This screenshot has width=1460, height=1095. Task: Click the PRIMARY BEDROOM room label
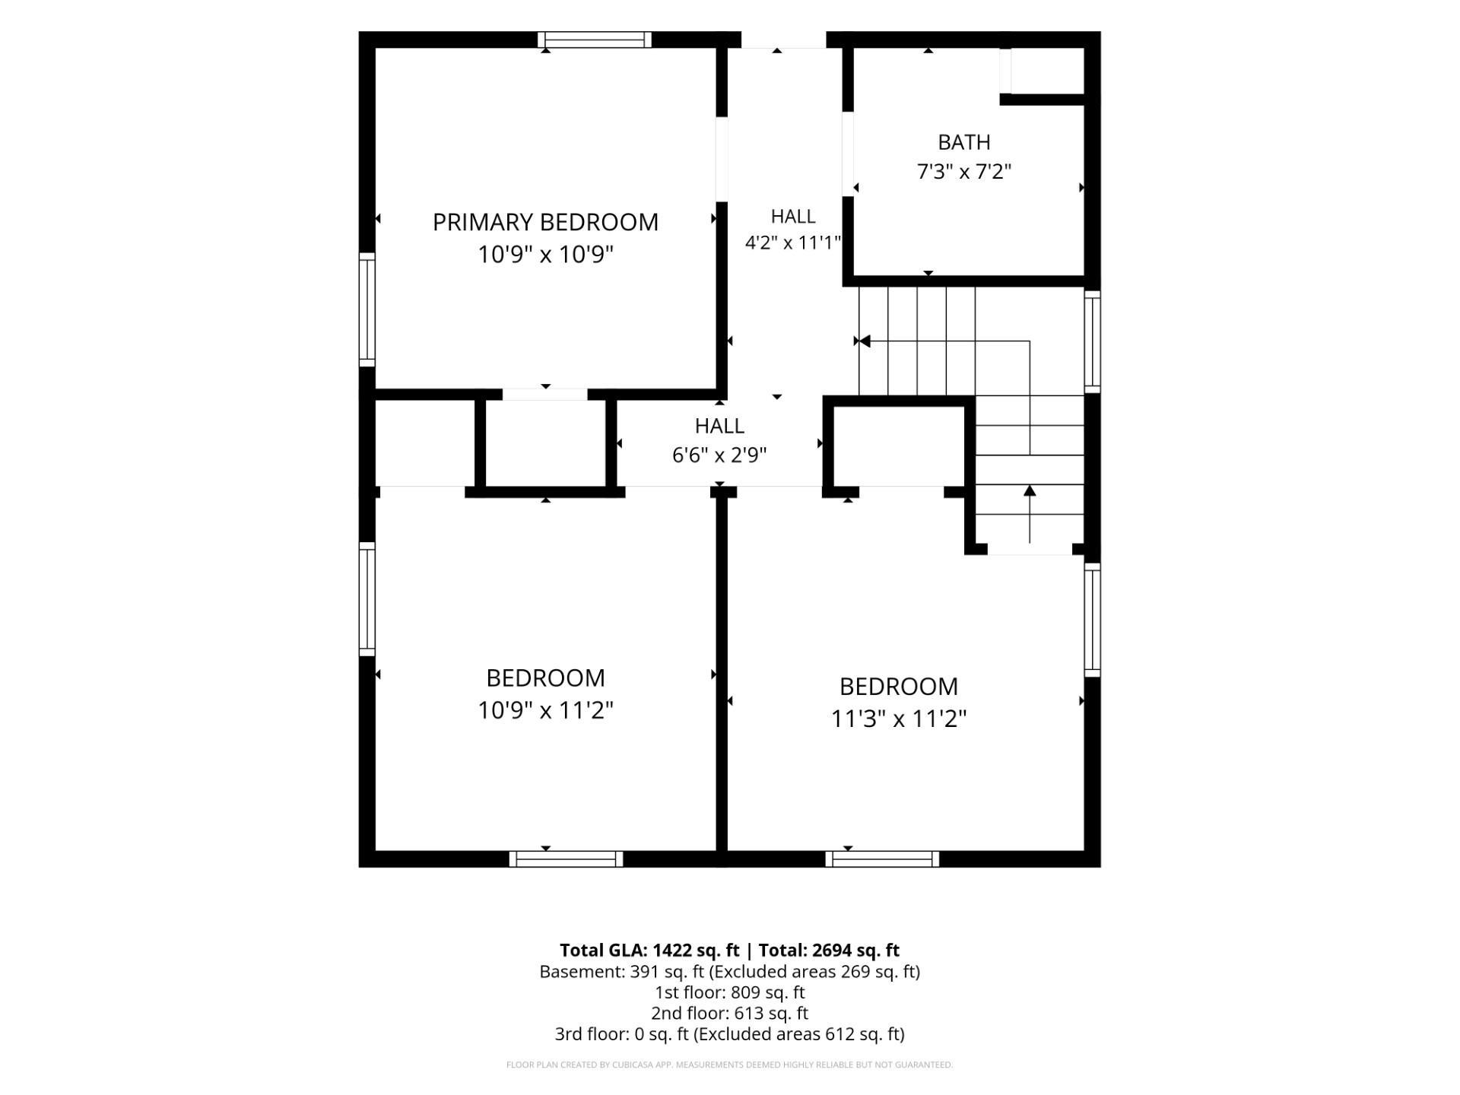pos(545,222)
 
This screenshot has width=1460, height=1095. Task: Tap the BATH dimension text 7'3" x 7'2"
pos(964,172)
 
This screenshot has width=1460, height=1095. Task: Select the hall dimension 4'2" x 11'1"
pos(793,243)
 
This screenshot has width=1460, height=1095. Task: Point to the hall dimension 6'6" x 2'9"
pos(719,455)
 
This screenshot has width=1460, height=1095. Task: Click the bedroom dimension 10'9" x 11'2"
pos(545,710)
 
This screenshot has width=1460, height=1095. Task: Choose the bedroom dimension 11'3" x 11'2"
pos(898,719)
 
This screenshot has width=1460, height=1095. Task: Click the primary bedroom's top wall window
pos(595,40)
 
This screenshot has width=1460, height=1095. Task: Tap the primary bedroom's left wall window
pos(367,309)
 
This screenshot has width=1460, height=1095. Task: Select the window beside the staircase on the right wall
pos(1092,342)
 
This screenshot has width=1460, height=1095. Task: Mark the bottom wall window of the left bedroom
pos(566,859)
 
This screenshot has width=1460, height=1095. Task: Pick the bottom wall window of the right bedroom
pos(882,859)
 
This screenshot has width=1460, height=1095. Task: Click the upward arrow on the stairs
pos(1030,514)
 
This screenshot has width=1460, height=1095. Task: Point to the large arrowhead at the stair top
pos(865,341)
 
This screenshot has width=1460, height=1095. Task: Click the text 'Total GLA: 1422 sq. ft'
pos(649,950)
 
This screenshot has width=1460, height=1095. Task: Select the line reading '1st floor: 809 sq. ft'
pos(730,992)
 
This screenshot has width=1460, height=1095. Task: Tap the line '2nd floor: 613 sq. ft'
pos(730,1013)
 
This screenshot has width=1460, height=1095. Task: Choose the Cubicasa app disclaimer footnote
pos(730,1065)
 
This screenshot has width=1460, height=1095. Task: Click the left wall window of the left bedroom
pos(367,599)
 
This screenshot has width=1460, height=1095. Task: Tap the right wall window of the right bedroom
pos(1092,620)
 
